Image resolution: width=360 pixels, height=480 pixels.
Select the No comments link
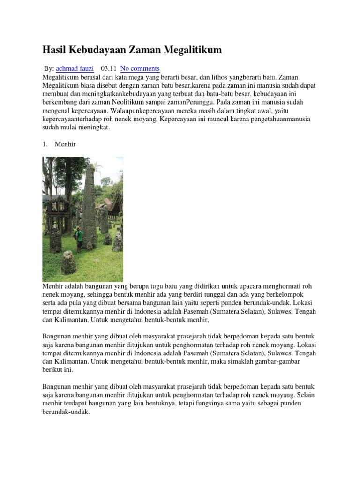click(140, 68)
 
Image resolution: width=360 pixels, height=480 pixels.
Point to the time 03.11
click(108, 68)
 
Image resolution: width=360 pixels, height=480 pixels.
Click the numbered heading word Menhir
click(65, 144)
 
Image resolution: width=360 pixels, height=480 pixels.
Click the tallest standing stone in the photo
click(89, 206)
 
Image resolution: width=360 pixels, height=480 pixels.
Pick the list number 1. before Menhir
click(45, 144)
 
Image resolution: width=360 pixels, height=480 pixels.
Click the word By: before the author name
click(49, 68)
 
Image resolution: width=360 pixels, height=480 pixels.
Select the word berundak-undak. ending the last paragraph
click(66, 412)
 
